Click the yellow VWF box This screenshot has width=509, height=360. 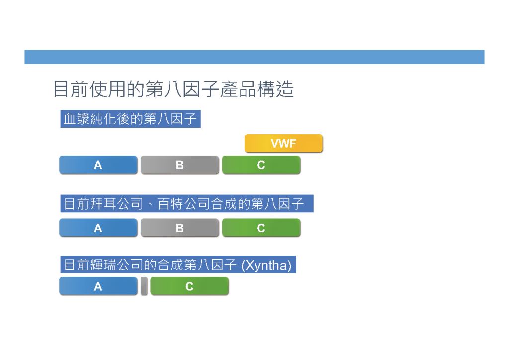point(283,143)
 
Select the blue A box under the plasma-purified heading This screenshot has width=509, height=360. point(98,165)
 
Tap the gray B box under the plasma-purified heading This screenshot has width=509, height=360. point(180,165)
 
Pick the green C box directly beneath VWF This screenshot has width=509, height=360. point(261,165)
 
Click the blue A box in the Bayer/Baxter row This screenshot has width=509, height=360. point(98,228)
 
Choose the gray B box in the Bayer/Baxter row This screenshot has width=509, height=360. point(180,228)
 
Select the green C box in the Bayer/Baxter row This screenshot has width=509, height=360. point(261,228)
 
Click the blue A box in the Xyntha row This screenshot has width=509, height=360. point(98,286)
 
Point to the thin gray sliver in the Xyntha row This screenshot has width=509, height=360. point(144,286)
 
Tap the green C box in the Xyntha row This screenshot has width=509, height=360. point(189,286)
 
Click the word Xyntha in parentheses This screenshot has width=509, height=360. point(266,265)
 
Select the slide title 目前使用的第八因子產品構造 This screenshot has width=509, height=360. point(173,89)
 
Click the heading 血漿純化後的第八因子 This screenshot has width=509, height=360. point(130,119)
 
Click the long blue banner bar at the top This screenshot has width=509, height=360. point(254,57)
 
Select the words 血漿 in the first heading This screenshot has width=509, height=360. point(76,119)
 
